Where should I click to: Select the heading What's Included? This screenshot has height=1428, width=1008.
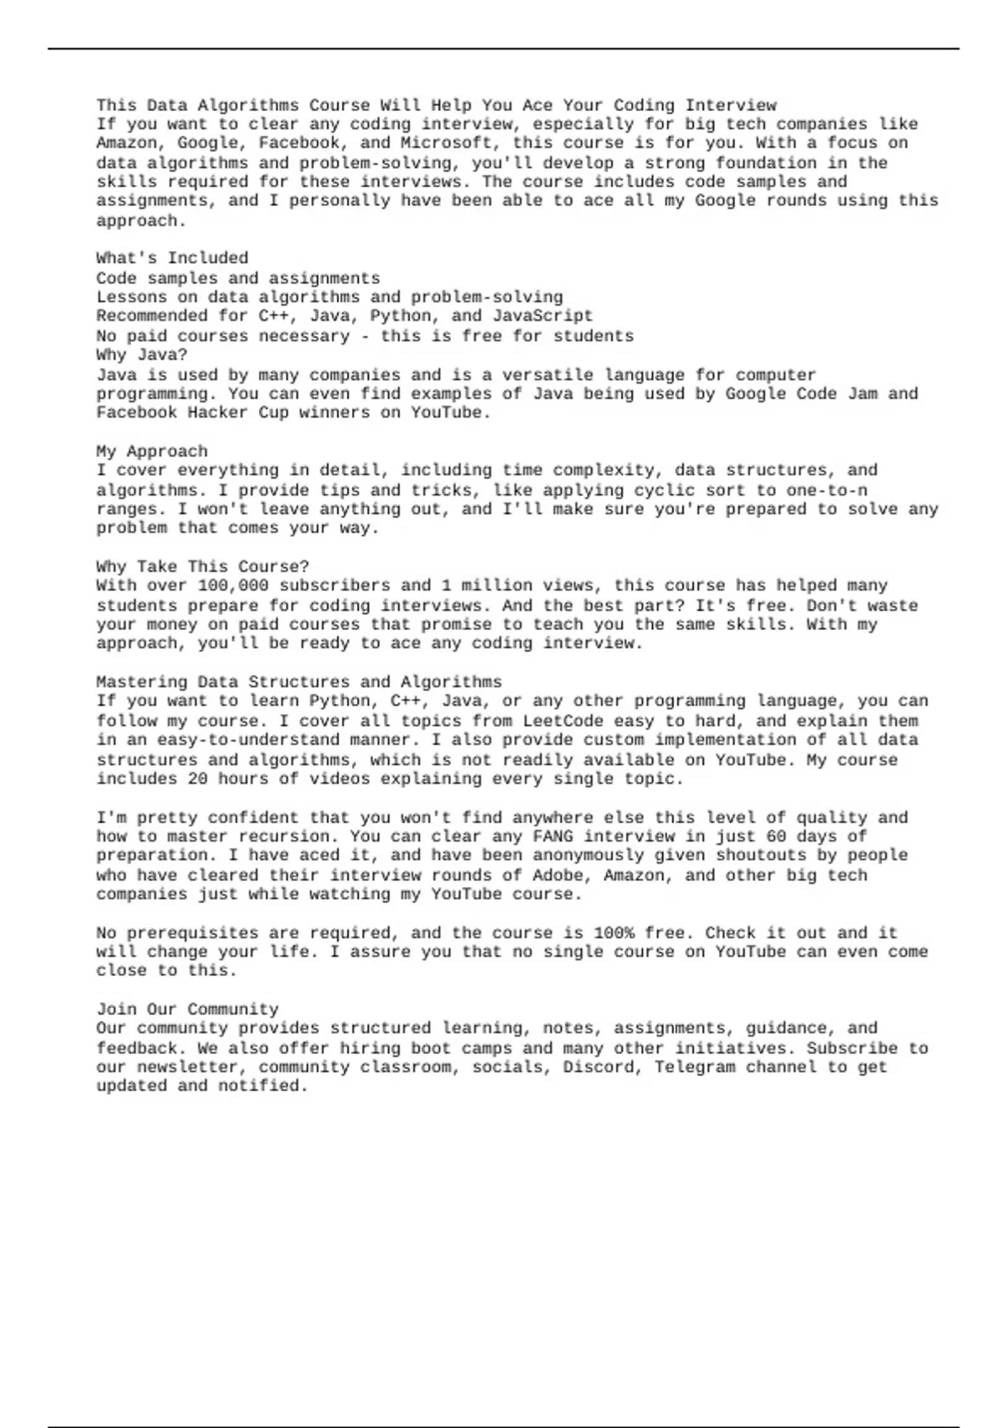[172, 258]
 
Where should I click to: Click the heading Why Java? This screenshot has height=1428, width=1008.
[142, 354]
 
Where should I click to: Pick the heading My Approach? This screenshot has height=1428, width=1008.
[152, 451]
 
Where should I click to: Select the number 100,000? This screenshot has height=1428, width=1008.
[233, 585]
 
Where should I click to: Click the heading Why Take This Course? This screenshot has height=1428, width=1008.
[202, 566]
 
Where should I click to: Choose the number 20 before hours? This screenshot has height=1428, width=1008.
[197, 779]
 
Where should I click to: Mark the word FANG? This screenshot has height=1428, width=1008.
[553, 837]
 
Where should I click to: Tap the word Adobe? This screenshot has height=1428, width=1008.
[558, 875]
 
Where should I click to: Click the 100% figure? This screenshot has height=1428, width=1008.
[613, 933]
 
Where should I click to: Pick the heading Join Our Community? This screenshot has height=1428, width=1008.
[187, 1009]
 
